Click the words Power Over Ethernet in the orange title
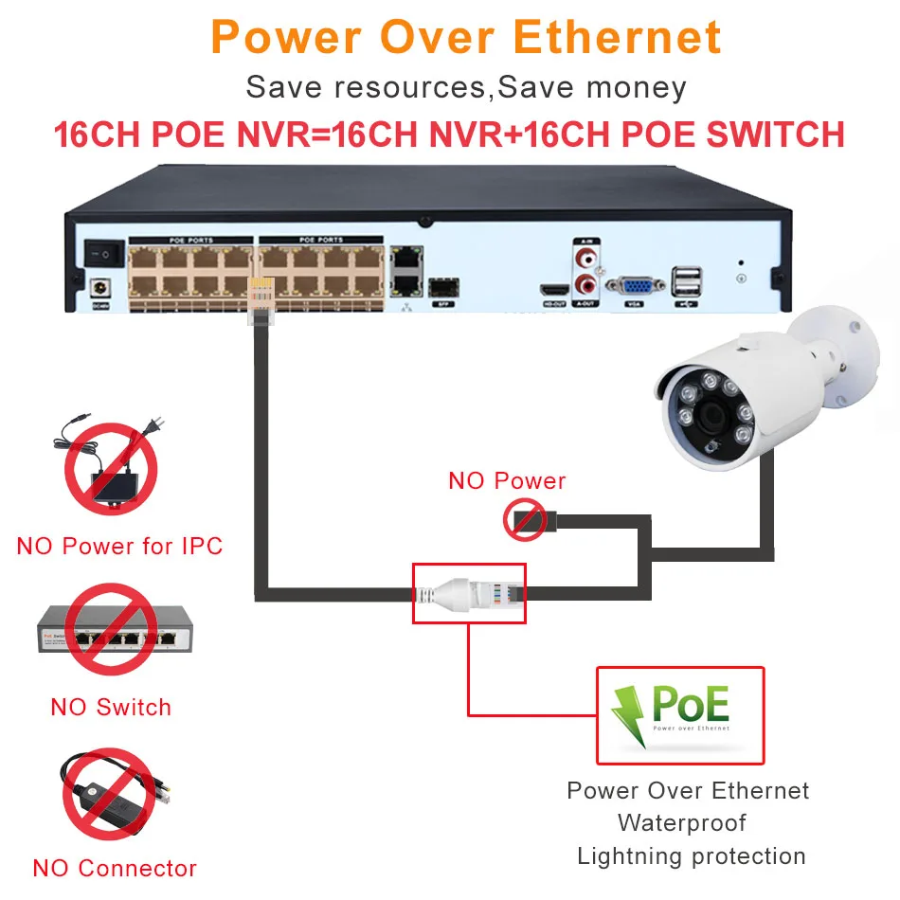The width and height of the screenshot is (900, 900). [466, 37]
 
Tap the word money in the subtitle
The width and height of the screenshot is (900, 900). [636, 87]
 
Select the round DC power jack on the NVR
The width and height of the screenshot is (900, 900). [97, 287]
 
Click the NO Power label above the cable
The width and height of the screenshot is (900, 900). [507, 480]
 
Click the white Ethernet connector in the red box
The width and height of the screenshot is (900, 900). [468, 594]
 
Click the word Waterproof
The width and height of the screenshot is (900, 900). [682, 822]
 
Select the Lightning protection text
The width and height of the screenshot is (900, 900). [691, 856]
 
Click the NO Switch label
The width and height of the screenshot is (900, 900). [111, 707]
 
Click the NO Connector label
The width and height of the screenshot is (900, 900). [115, 868]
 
